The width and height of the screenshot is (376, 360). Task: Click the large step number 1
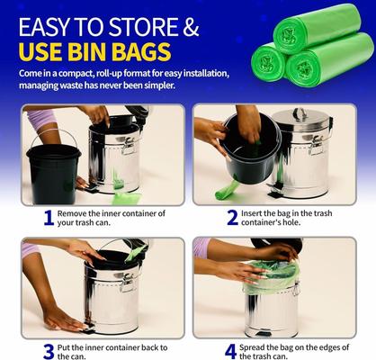point(49,218)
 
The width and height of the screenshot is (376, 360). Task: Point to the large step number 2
point(232,218)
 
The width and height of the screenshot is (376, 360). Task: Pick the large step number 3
point(49,349)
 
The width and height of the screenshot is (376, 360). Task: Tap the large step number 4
point(231,349)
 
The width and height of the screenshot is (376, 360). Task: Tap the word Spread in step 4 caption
point(262,344)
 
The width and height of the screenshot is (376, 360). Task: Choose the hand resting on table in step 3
point(63,319)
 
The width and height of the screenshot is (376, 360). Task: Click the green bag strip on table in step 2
point(227,190)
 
